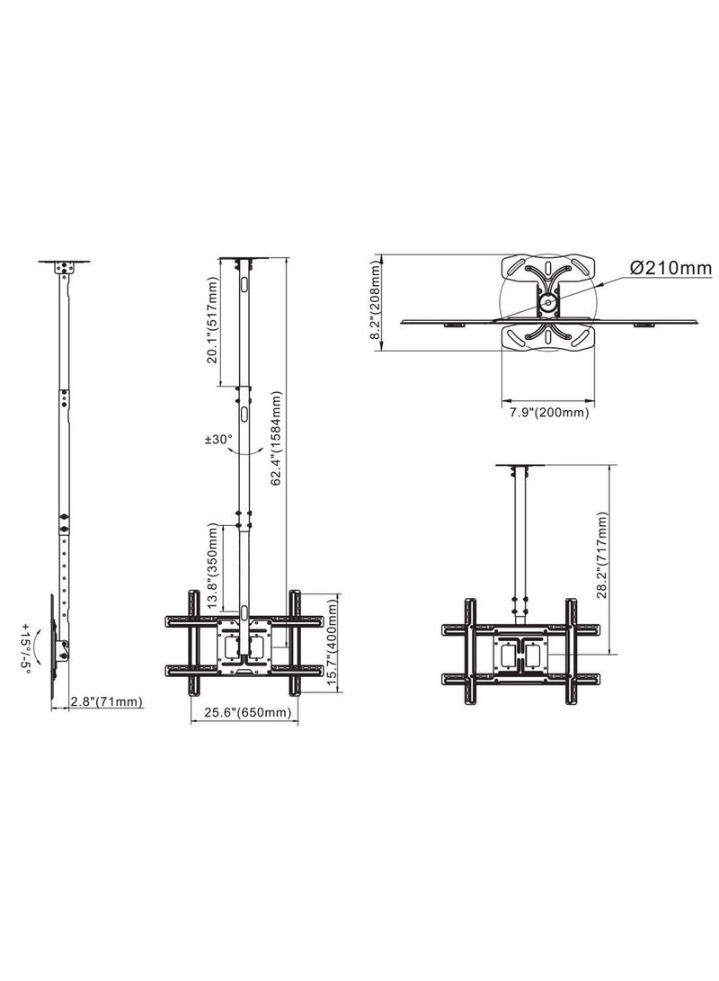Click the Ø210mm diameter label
tap(670, 268)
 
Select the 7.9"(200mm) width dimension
tap(548, 413)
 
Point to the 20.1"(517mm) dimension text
tap(213, 321)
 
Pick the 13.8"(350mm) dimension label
tap(213, 566)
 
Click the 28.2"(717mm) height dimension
tap(601, 555)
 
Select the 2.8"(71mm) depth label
tap(106, 702)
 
